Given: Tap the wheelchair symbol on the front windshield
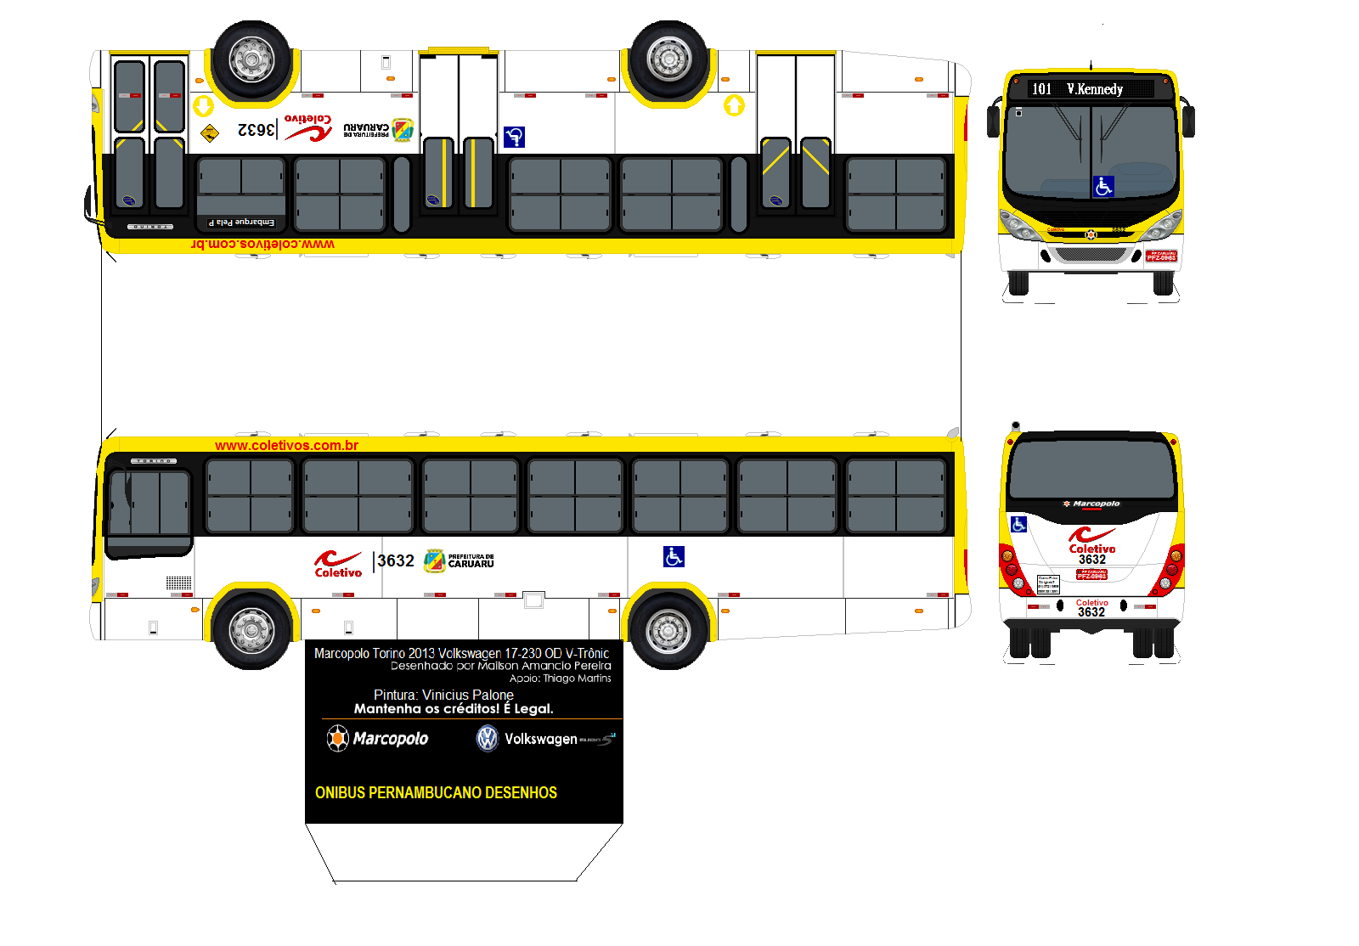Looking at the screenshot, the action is point(1102,187).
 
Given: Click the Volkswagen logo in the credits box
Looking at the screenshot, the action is point(487,738).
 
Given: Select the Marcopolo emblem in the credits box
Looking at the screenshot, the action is point(338,738).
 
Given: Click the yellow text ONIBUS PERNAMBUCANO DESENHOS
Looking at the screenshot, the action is point(436,792).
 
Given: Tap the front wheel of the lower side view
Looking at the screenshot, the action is point(252,629).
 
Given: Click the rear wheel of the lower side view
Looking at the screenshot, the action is point(668,629).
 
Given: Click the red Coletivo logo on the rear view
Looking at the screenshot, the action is point(1091,540).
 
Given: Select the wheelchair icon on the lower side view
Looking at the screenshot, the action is point(674,556).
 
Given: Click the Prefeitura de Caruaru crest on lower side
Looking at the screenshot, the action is point(434,560).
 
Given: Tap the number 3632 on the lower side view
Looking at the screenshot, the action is point(396,560).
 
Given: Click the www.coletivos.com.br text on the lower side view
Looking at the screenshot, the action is point(286,445).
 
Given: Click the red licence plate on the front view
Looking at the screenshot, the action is point(1161,256).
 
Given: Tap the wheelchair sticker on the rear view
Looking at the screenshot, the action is point(1019,524).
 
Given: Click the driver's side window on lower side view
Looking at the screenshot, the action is point(149,503).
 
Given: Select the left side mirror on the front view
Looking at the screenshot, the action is point(992,121).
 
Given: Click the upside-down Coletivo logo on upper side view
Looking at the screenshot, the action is point(308,127).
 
